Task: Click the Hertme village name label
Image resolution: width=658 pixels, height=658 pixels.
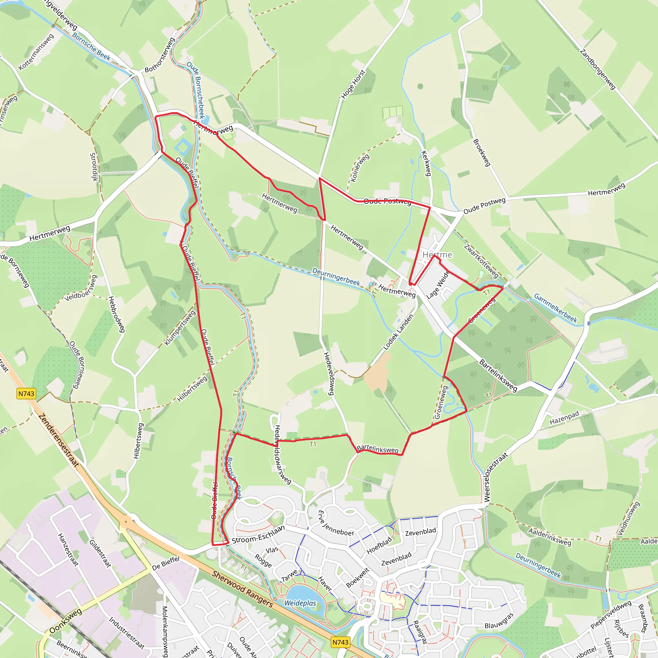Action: point(437,255)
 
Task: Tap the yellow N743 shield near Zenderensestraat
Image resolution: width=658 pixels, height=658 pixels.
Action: point(26,394)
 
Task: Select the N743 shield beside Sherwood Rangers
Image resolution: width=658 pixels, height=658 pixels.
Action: point(340,642)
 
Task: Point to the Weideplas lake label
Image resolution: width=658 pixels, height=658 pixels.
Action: point(300,603)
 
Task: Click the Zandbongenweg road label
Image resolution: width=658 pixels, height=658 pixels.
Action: point(598,69)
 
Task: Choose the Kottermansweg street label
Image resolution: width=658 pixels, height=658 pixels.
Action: point(36,52)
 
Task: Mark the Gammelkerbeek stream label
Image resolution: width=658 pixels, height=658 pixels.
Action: point(556,308)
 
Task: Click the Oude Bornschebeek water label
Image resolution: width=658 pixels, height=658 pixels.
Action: point(195,90)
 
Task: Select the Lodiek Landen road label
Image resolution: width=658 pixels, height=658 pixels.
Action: point(398,332)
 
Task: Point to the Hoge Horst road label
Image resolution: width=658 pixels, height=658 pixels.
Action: point(353,84)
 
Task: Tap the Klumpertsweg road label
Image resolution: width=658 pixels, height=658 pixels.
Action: point(180,328)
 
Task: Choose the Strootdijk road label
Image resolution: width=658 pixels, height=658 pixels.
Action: point(94,167)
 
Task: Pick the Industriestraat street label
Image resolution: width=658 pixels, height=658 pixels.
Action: point(126,633)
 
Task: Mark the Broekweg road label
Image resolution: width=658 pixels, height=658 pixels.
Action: point(482,153)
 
